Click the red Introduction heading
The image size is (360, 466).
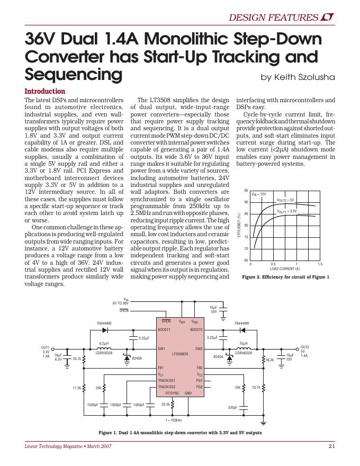click(x=45, y=91)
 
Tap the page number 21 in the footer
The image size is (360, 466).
click(x=332, y=446)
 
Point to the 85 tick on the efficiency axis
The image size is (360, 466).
click(x=246, y=214)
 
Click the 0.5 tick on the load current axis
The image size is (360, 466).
click(x=273, y=264)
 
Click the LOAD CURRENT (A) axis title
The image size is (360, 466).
click(x=285, y=268)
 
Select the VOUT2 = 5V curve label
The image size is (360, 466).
click(x=289, y=200)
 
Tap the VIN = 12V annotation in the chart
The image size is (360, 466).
click(x=259, y=194)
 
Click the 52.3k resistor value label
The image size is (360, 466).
click(x=165, y=404)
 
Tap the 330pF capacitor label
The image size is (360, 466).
click(x=232, y=408)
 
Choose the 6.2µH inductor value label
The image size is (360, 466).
click(x=103, y=343)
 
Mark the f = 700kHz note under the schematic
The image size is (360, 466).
click(x=174, y=420)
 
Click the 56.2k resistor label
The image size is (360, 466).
click(x=269, y=360)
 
